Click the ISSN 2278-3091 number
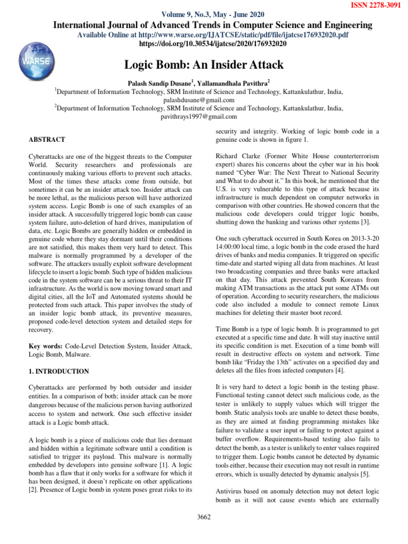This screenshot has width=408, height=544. coord(376,5)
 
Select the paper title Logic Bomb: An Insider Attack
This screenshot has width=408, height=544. coord(204,65)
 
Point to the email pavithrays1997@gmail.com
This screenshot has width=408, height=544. coord(199,116)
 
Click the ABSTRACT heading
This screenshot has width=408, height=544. coord(47,140)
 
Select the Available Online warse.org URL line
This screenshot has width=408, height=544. coord(212,35)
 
